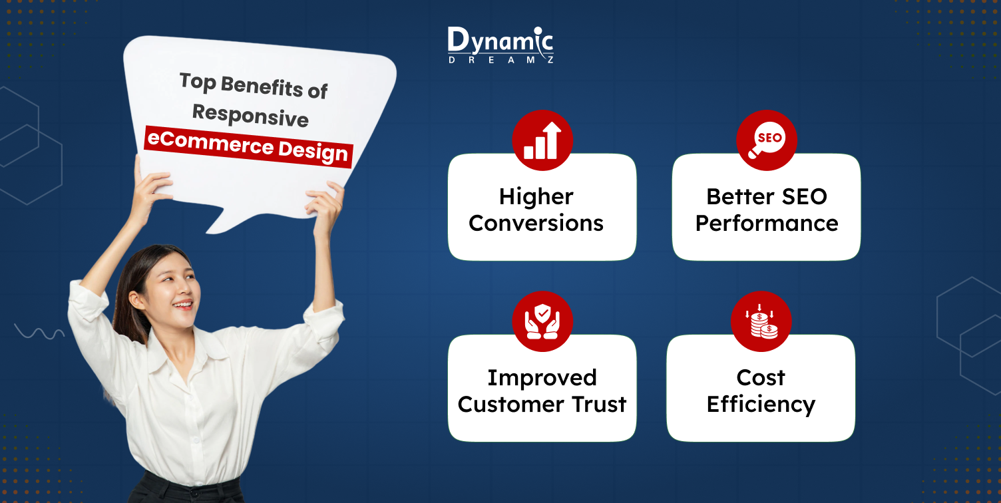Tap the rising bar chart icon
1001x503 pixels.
[x=542, y=141]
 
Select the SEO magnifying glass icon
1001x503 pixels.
[x=766, y=141]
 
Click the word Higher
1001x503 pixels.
[x=536, y=197]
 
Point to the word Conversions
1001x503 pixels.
[x=536, y=224]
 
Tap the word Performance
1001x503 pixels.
[x=767, y=224]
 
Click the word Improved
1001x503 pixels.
[x=542, y=378]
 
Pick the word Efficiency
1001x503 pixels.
[x=761, y=405]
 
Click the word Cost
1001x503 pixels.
[x=761, y=378]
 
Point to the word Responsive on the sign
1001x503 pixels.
[x=250, y=116]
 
